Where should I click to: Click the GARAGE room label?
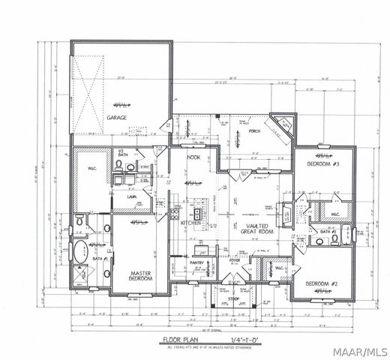tap(116, 118)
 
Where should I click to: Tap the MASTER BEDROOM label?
tap(141, 276)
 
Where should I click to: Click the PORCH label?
tap(253, 130)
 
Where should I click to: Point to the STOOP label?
tap(233, 298)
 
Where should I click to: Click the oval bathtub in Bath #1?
tap(79, 250)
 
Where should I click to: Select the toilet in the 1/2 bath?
tap(131, 167)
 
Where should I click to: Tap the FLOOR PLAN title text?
tap(181, 340)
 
